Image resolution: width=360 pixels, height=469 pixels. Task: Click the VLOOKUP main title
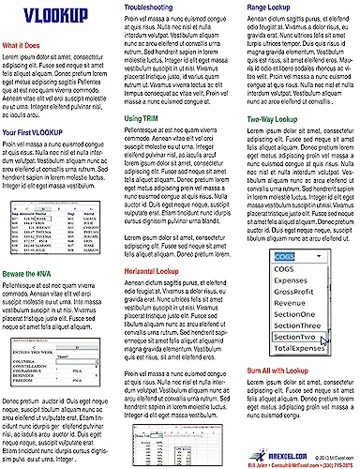47,17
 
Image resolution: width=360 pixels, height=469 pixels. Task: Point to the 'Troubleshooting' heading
153,8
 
